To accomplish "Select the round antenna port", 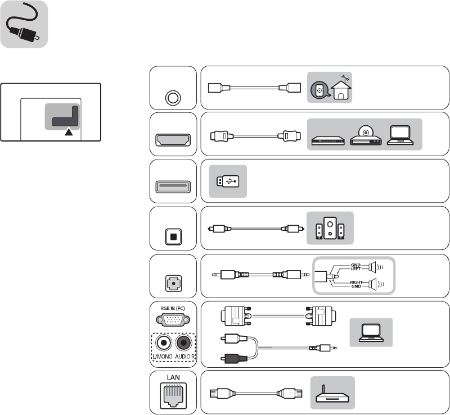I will coord(173,97).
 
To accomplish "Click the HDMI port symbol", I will coord(173,138).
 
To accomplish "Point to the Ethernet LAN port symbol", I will coord(173,395).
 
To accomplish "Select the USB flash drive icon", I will coord(228,181).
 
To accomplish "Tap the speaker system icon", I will coord(330,228).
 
